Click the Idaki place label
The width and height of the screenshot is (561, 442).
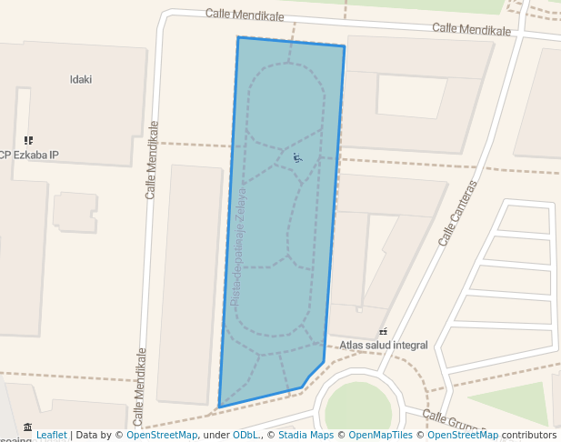(81, 79)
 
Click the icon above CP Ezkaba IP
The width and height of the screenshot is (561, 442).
(28, 140)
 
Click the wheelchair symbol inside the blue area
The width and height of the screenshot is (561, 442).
(297, 157)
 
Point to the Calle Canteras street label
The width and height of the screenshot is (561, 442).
(457, 214)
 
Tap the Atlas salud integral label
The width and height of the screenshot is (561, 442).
(384, 346)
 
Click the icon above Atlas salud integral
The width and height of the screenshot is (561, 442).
(383, 332)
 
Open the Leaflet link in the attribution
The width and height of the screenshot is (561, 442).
(52, 435)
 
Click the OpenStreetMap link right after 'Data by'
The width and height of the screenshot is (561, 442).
(162, 435)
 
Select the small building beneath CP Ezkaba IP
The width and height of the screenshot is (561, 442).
(75, 211)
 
